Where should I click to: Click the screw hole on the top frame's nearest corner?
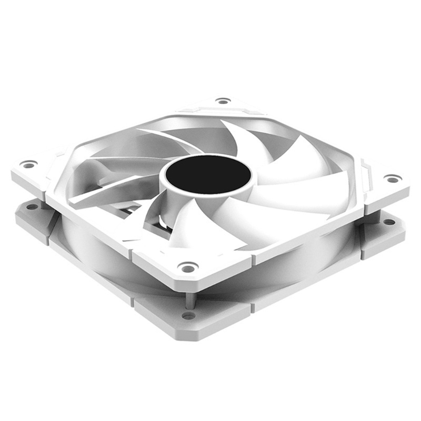pos(187,267)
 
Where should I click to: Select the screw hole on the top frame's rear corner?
pos(223,101)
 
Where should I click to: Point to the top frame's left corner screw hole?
pos(29,165)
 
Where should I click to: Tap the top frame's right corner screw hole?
pos(392,179)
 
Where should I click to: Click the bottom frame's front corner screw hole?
pos(188,316)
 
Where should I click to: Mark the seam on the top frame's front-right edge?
pos(253,260)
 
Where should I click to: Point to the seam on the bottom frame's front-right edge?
pos(253,308)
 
